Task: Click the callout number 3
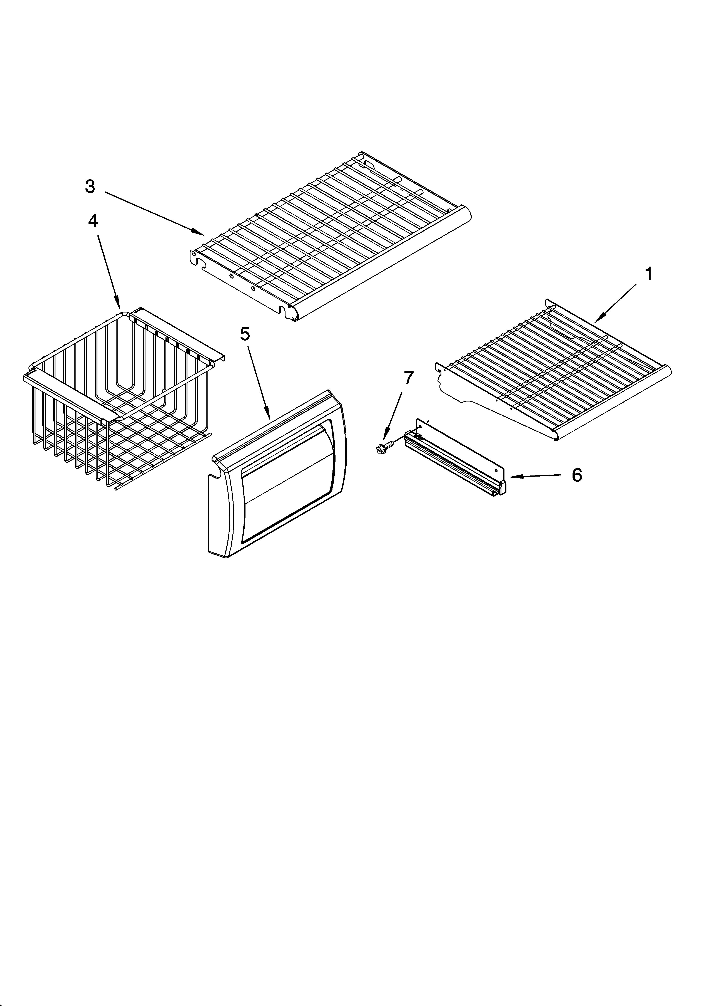(x=90, y=187)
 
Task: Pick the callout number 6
(x=576, y=475)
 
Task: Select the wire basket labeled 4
(x=120, y=399)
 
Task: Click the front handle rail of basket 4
(x=71, y=393)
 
